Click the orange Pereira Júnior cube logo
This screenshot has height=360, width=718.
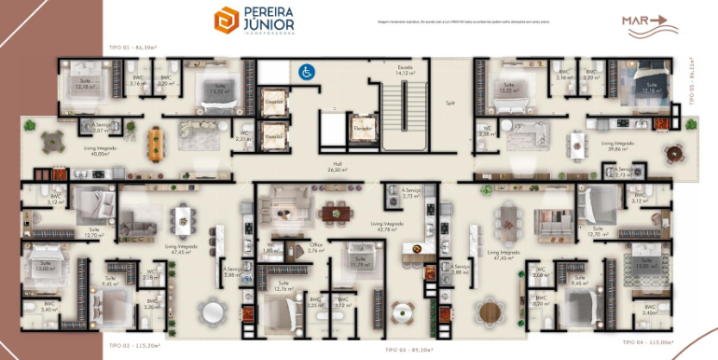(x=226, y=21)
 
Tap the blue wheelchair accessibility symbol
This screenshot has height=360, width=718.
(x=305, y=70)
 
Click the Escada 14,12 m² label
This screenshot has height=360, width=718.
(x=404, y=70)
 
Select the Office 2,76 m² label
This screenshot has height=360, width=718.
(x=316, y=249)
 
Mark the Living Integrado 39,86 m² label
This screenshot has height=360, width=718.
(x=620, y=145)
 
